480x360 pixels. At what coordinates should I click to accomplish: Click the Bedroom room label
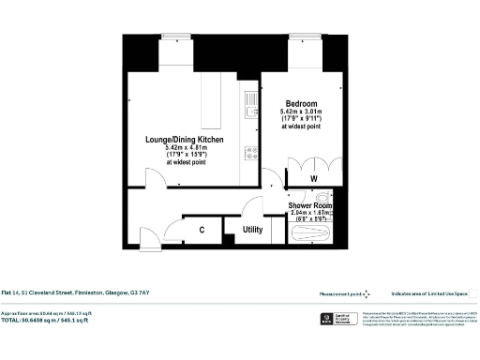[x=301, y=103]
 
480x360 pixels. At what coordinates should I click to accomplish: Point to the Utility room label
[x=251, y=229]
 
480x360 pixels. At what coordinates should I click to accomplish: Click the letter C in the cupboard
[x=202, y=229]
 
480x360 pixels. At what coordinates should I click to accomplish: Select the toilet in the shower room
[x=322, y=198]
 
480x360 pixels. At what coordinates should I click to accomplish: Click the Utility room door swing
[x=254, y=207]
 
